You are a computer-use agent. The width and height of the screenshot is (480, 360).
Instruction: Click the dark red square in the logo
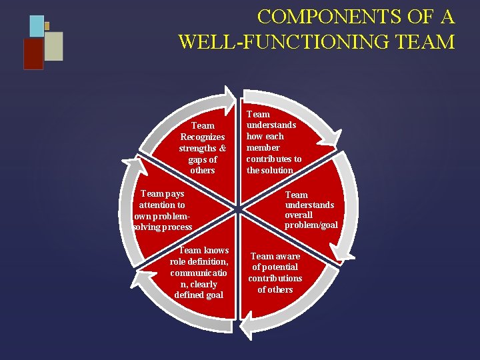pos(33,54)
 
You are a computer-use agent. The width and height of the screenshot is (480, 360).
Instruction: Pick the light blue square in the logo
pos(37,26)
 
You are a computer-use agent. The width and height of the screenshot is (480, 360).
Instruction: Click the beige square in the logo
pos(54,46)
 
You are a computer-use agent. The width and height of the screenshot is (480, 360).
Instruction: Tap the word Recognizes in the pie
pos(203,137)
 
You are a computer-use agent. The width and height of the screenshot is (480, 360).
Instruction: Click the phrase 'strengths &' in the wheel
pos(203,148)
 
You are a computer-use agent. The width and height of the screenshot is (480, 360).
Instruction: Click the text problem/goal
pos(311,225)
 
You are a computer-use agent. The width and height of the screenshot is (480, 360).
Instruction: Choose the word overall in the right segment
pos(299,215)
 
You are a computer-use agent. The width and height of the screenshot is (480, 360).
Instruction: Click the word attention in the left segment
pos(162,205)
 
